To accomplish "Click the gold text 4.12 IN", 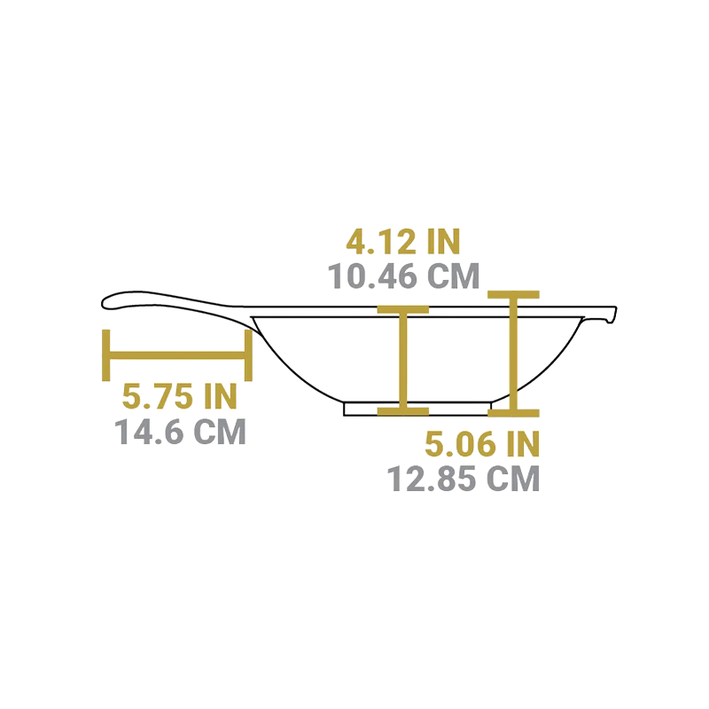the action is click(x=403, y=241).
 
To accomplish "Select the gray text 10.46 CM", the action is click(x=403, y=276).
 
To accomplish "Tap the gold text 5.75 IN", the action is click(x=180, y=396).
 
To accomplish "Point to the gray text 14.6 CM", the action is click(x=180, y=432).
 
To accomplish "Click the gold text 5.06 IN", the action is click(x=482, y=444).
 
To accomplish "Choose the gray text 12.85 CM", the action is click(x=464, y=479).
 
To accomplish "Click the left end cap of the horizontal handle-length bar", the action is click(x=106, y=355).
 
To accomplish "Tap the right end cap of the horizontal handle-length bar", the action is click(x=248, y=355).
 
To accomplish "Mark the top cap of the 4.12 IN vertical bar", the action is click(x=403, y=309).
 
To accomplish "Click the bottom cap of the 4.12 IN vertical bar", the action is click(x=403, y=411).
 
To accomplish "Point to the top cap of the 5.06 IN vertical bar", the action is click(x=513, y=295).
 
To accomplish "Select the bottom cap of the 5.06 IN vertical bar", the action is click(x=513, y=413).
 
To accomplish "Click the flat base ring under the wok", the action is click(x=417, y=409).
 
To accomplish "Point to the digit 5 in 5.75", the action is click(x=132, y=396).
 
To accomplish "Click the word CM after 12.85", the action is click(x=513, y=479).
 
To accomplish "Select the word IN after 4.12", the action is click(x=442, y=241).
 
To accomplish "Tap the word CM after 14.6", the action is click(x=220, y=432).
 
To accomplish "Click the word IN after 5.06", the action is click(x=523, y=444).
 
